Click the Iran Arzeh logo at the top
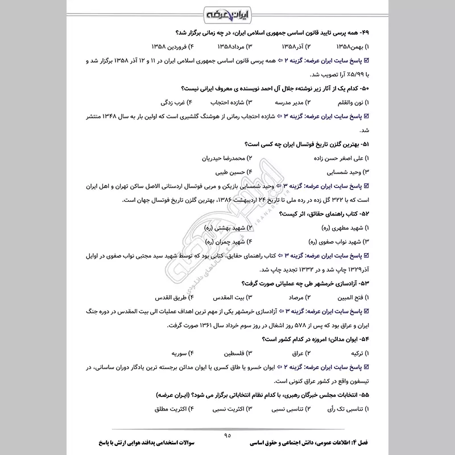click(227, 13)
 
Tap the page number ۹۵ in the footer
click(227, 435)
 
